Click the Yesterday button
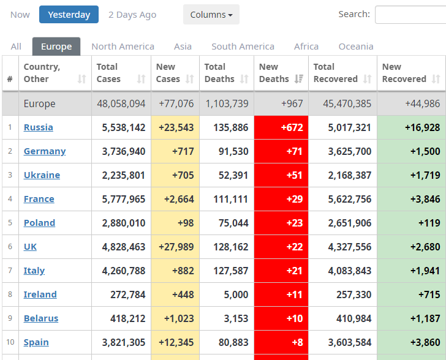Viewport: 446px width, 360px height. click(69, 15)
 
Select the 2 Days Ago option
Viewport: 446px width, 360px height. click(132, 15)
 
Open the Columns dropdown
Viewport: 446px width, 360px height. click(211, 15)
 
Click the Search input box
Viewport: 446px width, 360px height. click(410, 15)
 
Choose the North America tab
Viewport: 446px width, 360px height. click(123, 47)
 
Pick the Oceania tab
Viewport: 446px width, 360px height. click(355, 47)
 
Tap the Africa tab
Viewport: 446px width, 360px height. click(306, 47)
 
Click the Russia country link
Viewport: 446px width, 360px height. click(38, 127)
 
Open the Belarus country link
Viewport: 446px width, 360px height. click(41, 318)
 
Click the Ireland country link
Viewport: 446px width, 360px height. click(40, 294)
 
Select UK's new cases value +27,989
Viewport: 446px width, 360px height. click(176, 247)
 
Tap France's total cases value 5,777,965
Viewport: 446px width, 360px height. click(121, 199)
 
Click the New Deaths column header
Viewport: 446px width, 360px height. click(274, 73)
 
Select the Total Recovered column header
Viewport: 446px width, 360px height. click(336, 73)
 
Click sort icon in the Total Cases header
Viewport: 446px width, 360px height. click(142, 79)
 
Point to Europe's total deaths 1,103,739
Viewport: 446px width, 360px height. click(227, 103)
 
